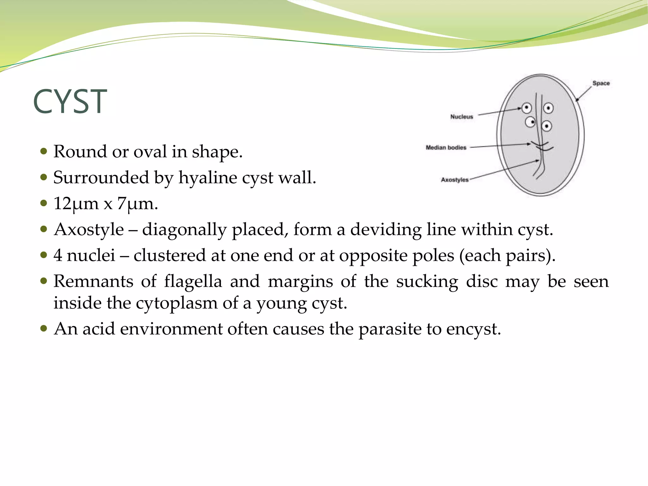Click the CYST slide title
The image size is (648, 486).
pyautogui.click(x=70, y=102)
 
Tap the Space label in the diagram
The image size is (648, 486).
pyautogui.click(x=601, y=83)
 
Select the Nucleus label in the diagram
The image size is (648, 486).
pyautogui.click(x=461, y=117)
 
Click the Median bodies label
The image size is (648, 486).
pyautogui.click(x=445, y=147)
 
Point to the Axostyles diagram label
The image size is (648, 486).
pyautogui.click(x=454, y=180)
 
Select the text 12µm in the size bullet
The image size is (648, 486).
pyautogui.click(x=76, y=203)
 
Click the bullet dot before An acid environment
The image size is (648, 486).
pyautogui.click(x=44, y=328)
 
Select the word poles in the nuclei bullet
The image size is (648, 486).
pyautogui.click(x=433, y=255)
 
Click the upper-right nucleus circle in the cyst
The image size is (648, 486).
pyautogui.click(x=548, y=108)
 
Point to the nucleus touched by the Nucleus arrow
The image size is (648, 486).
pyautogui.click(x=526, y=108)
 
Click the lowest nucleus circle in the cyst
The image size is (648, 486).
pyautogui.click(x=546, y=126)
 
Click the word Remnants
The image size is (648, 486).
pyautogui.click(x=93, y=281)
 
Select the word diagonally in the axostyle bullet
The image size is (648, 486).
pyautogui.click(x=184, y=229)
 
